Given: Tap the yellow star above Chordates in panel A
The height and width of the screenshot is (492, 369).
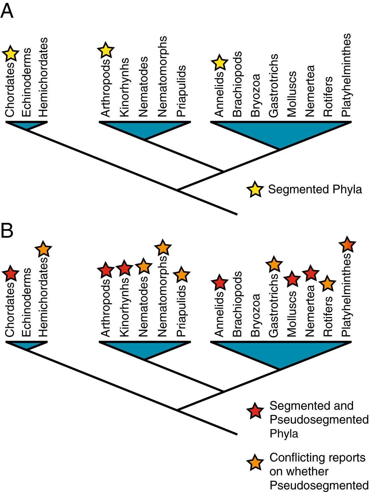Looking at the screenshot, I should coord(10,54).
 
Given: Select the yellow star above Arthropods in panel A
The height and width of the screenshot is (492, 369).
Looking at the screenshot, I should coord(106,50).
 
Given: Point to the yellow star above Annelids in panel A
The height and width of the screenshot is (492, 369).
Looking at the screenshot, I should coord(220,63).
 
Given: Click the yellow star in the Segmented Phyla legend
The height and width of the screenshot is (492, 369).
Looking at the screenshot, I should coord(255,189).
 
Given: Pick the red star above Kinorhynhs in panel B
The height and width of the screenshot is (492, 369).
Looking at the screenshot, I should coord(124,268).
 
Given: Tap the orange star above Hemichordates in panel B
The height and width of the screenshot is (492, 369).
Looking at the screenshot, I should coord(43,249).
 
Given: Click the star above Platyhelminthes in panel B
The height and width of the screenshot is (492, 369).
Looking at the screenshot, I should coord(347,245).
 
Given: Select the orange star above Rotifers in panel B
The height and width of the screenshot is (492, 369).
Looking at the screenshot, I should coord(328,284).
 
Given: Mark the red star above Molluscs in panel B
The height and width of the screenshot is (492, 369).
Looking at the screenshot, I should coord(292,279).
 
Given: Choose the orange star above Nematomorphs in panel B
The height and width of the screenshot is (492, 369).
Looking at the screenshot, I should coord(163,247).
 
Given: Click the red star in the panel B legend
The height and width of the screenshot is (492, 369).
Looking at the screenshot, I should coord(255,411).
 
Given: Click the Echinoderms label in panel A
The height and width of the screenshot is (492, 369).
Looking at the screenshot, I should coord(27,82).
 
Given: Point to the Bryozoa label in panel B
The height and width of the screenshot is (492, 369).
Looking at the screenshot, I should coord(256,315).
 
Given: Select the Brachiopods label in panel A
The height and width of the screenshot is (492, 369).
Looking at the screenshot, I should coord(237,84).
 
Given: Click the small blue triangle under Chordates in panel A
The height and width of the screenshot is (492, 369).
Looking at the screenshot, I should coord(27,125).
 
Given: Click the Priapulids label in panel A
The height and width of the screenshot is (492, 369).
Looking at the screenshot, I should coord(181,91).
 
